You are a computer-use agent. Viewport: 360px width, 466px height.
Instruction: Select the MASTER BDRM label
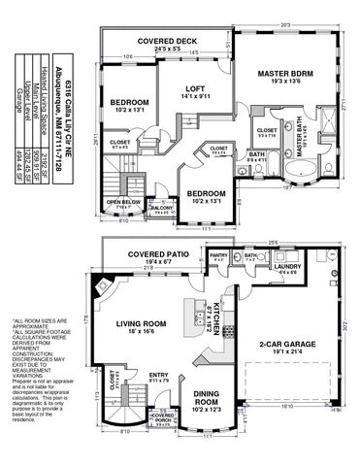pyautogui.click(x=289, y=74)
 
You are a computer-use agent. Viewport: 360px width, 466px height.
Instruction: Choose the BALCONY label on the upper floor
pyautogui.click(x=161, y=207)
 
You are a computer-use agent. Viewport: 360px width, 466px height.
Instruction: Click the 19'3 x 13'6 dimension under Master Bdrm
pyautogui.click(x=289, y=83)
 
